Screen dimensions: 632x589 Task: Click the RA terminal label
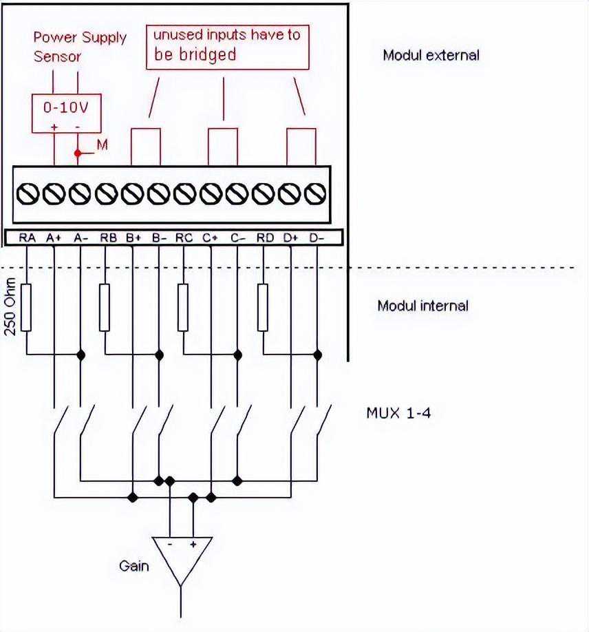pos(27,238)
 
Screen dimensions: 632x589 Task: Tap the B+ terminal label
pos(133,238)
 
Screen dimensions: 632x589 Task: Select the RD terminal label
pos(265,238)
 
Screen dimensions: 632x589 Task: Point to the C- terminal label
pos(238,238)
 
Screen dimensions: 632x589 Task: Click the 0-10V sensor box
pos(67,113)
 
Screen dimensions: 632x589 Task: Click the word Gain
pos(133,566)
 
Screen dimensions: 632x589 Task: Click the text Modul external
pos(431,55)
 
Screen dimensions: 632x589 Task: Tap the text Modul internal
pos(422,305)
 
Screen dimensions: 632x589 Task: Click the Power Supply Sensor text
pos(80,47)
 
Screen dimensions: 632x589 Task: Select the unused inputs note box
pos(226,45)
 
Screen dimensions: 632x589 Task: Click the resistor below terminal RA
pos(27,306)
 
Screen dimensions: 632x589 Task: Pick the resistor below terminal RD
pos(263,306)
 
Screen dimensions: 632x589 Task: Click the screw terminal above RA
pos(28,196)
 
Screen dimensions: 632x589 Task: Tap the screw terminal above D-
pos(314,196)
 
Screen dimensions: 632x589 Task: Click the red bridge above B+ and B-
pos(145,145)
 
